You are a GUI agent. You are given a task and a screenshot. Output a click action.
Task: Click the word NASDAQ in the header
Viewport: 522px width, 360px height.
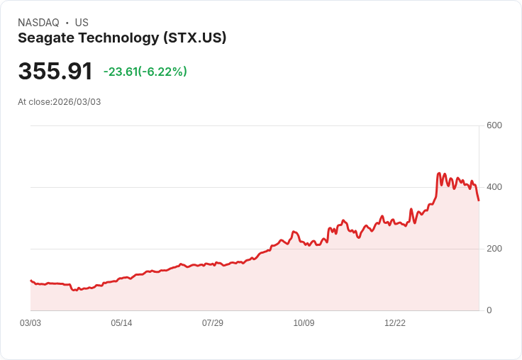pos(38,23)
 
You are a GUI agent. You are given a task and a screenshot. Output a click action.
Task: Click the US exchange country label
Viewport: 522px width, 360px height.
pos(82,23)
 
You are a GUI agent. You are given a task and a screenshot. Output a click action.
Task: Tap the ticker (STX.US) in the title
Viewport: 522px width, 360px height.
pos(194,38)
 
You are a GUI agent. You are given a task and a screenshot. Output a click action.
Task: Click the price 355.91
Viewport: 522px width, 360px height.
pos(55,72)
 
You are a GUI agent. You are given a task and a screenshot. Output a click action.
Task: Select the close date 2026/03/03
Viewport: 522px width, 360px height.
pos(77,102)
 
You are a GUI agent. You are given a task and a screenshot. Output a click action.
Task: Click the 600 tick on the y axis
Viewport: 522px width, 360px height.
pos(494,125)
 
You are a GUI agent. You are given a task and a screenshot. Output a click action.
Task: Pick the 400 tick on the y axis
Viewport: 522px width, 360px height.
pos(494,187)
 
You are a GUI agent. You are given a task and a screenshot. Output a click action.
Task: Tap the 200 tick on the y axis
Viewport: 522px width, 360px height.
pos(494,249)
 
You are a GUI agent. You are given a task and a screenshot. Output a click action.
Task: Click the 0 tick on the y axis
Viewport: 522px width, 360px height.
pos(489,310)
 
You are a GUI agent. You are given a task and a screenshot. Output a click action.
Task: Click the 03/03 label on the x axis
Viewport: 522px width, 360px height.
pos(30,323)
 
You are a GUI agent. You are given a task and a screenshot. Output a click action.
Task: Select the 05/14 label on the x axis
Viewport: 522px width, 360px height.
pos(121,323)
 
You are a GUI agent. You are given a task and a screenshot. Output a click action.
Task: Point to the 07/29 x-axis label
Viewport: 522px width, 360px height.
pos(213,323)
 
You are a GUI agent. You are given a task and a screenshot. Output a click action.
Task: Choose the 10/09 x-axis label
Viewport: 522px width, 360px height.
pos(304,323)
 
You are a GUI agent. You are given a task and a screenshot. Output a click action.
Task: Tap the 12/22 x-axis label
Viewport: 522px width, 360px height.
pos(395,323)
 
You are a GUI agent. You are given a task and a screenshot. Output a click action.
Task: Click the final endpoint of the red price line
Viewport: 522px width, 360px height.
pos(479,201)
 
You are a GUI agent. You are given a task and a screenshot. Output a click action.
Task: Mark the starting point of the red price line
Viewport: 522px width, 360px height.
pos(30,281)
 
